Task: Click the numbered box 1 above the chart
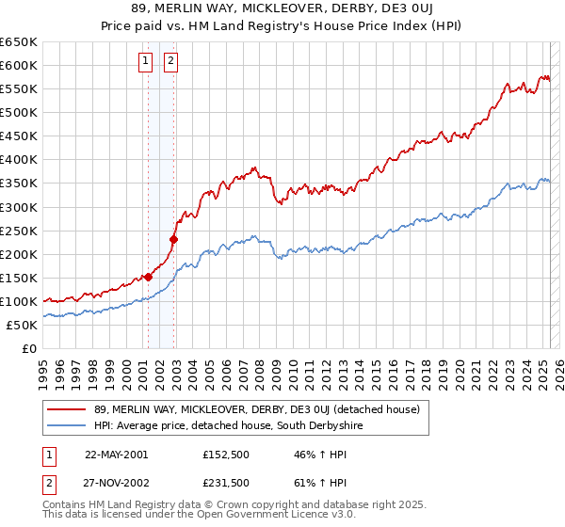click(147, 62)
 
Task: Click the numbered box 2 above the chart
click(170, 62)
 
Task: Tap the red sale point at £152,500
click(148, 277)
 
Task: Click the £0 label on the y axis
click(28, 349)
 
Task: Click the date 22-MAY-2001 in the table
click(117, 455)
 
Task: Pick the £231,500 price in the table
click(224, 483)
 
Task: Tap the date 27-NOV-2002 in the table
click(117, 483)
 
